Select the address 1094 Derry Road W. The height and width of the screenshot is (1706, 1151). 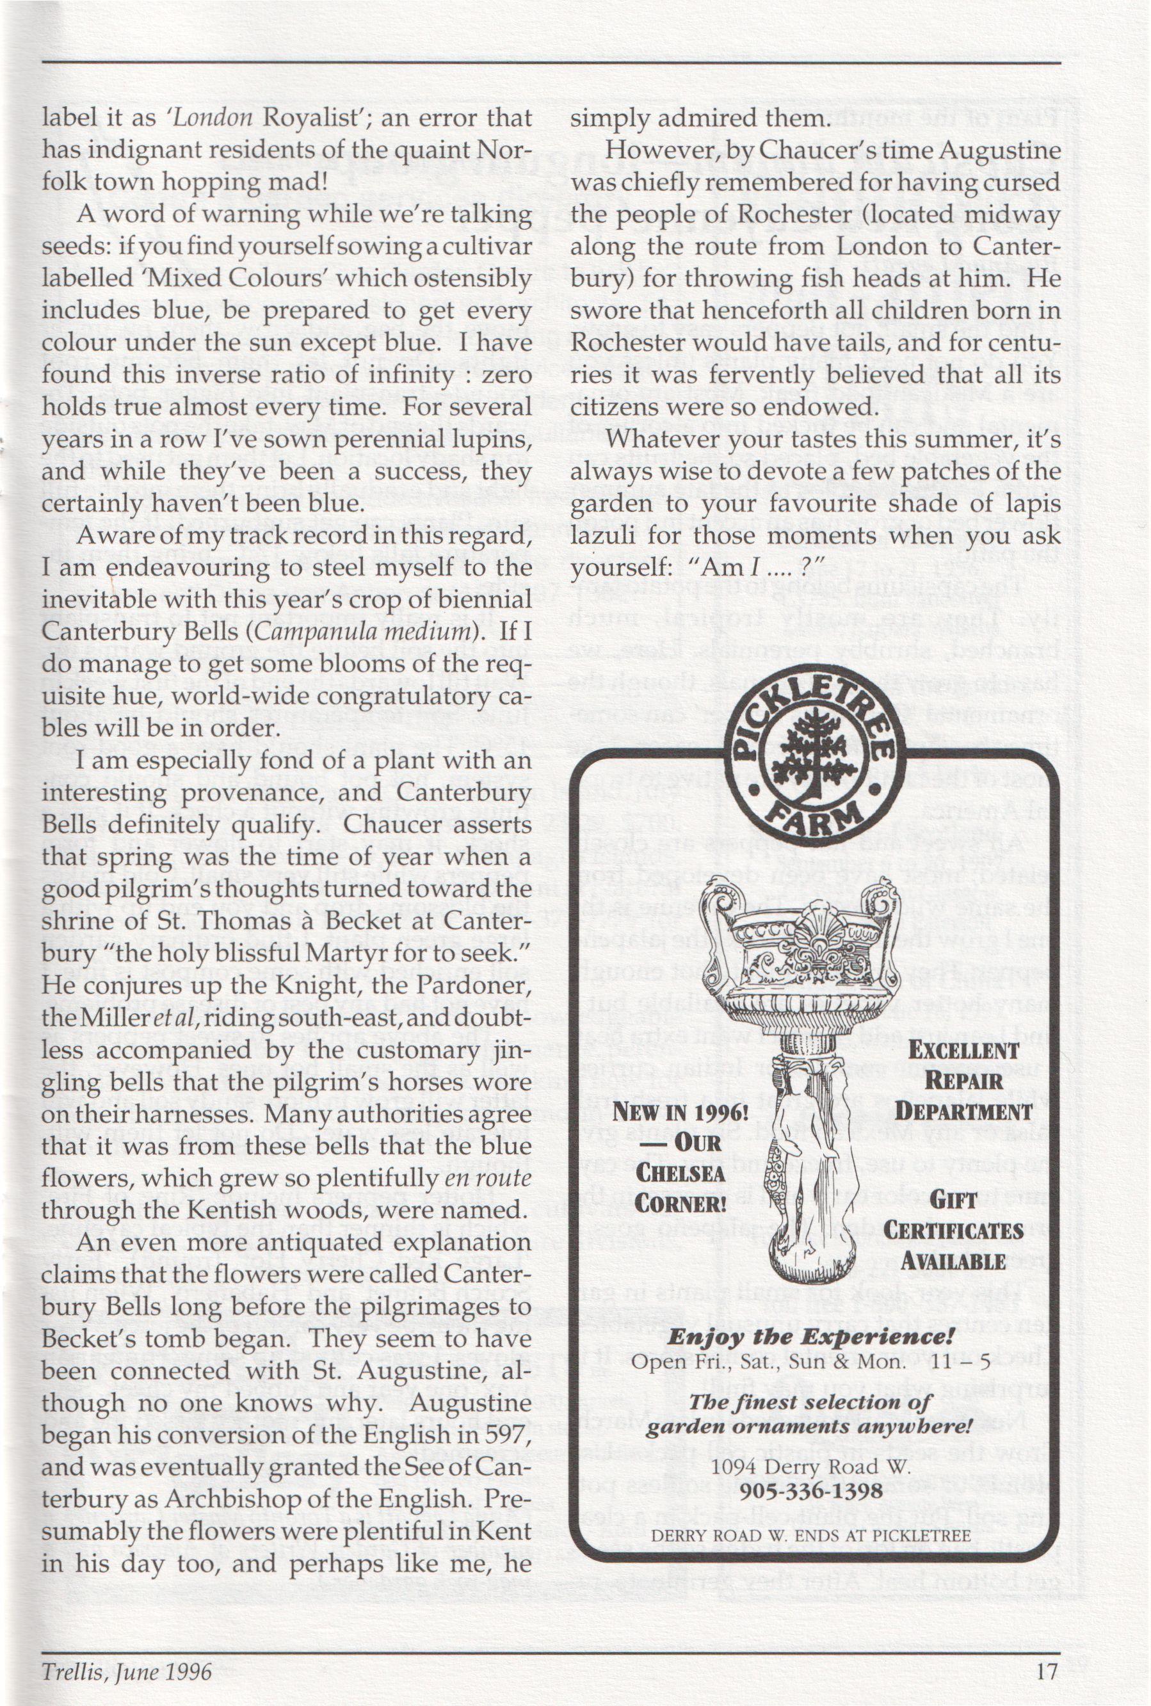pos(811,1467)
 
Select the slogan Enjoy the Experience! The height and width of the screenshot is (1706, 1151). pos(811,1336)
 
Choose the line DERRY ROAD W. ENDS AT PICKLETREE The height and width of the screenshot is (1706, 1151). pos(811,1536)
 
